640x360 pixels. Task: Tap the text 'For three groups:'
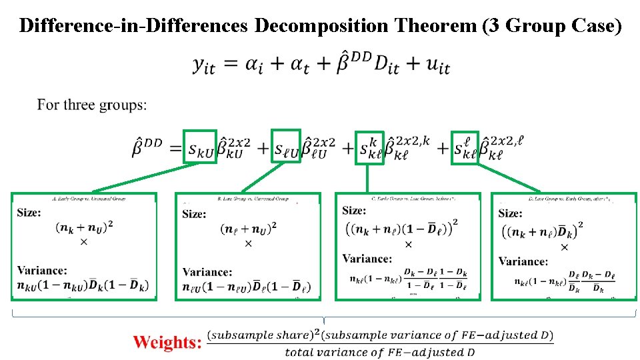click(x=92, y=105)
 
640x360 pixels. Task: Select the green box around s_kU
click(x=200, y=147)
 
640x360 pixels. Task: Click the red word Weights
click(x=167, y=342)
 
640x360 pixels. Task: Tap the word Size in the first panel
click(x=29, y=212)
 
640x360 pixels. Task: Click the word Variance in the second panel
click(x=207, y=272)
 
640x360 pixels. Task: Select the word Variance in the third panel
click(x=367, y=259)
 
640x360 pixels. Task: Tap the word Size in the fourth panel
click(x=511, y=213)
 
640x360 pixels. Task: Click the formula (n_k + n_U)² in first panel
click(x=83, y=227)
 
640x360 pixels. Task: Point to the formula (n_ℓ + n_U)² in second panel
click(x=247, y=229)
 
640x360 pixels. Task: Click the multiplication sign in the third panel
click(x=408, y=244)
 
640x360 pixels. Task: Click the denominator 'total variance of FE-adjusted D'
click(x=379, y=352)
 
